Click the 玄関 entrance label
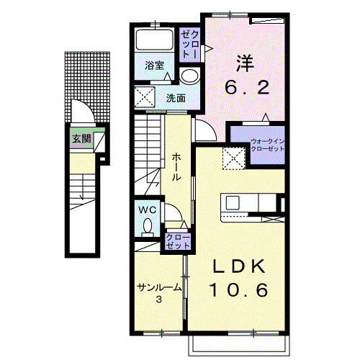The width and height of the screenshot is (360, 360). click(82, 139)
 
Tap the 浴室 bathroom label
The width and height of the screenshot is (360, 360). click(154, 66)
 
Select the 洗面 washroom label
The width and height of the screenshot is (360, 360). click(176, 98)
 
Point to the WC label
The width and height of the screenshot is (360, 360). click(148, 210)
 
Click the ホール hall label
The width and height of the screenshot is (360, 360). click(176, 167)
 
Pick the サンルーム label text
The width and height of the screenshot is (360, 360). click(159, 287)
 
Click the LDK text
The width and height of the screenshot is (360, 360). click(239, 266)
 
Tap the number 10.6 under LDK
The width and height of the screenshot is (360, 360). click(239, 289)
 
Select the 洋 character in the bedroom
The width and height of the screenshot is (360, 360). click(246, 63)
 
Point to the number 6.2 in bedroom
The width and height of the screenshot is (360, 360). click(247, 87)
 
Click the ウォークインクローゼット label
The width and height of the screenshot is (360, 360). click(267, 145)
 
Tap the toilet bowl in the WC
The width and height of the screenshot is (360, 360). click(148, 226)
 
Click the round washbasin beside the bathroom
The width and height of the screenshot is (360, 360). click(189, 76)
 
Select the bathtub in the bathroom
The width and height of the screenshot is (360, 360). click(154, 40)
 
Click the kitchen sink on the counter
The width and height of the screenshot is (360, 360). click(233, 203)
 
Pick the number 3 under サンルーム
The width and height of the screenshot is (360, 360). click(159, 300)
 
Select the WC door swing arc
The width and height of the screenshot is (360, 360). click(177, 208)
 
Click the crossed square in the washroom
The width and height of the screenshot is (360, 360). click(145, 97)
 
